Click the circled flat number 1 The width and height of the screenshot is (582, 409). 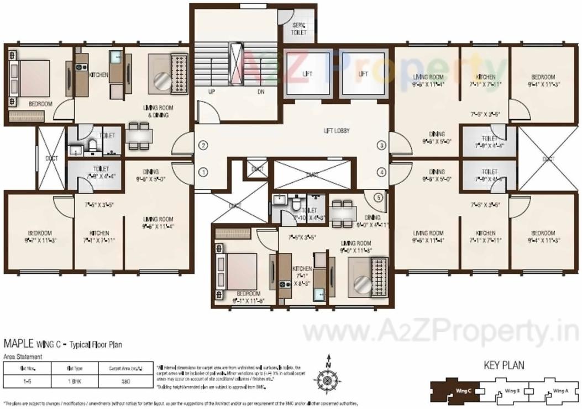click(204, 172)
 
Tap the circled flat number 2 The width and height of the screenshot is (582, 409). click(204, 146)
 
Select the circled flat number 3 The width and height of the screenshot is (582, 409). click(381, 146)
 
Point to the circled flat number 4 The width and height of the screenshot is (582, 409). click(381, 172)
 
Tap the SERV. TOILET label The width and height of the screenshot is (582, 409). click(299, 29)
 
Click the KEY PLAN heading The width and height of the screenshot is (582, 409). click(504, 365)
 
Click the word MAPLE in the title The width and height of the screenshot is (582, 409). click(19, 344)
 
